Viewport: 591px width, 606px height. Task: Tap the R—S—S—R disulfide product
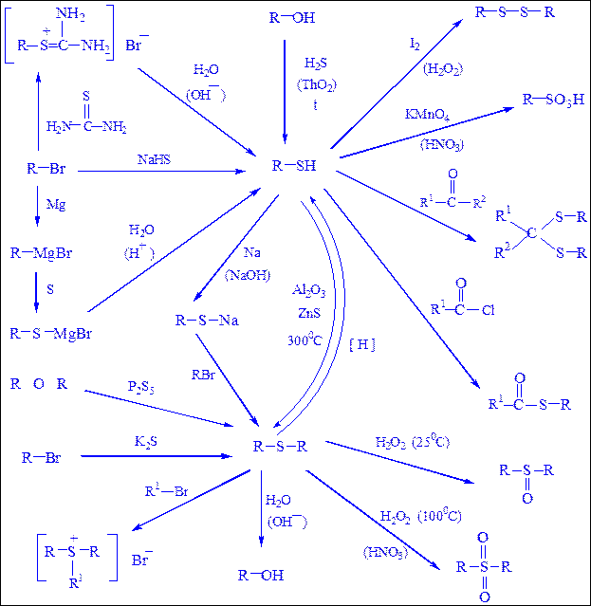tap(526, 12)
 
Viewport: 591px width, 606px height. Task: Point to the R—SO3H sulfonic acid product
tap(553, 99)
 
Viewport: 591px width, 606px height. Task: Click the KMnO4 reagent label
tap(426, 114)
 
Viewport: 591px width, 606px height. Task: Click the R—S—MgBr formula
tap(52, 334)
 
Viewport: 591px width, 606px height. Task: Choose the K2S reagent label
tap(145, 442)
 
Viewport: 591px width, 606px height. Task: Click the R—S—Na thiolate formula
tap(207, 321)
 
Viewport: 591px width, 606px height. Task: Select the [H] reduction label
tap(362, 344)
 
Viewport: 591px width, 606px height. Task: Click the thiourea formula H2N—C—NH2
tap(87, 125)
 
